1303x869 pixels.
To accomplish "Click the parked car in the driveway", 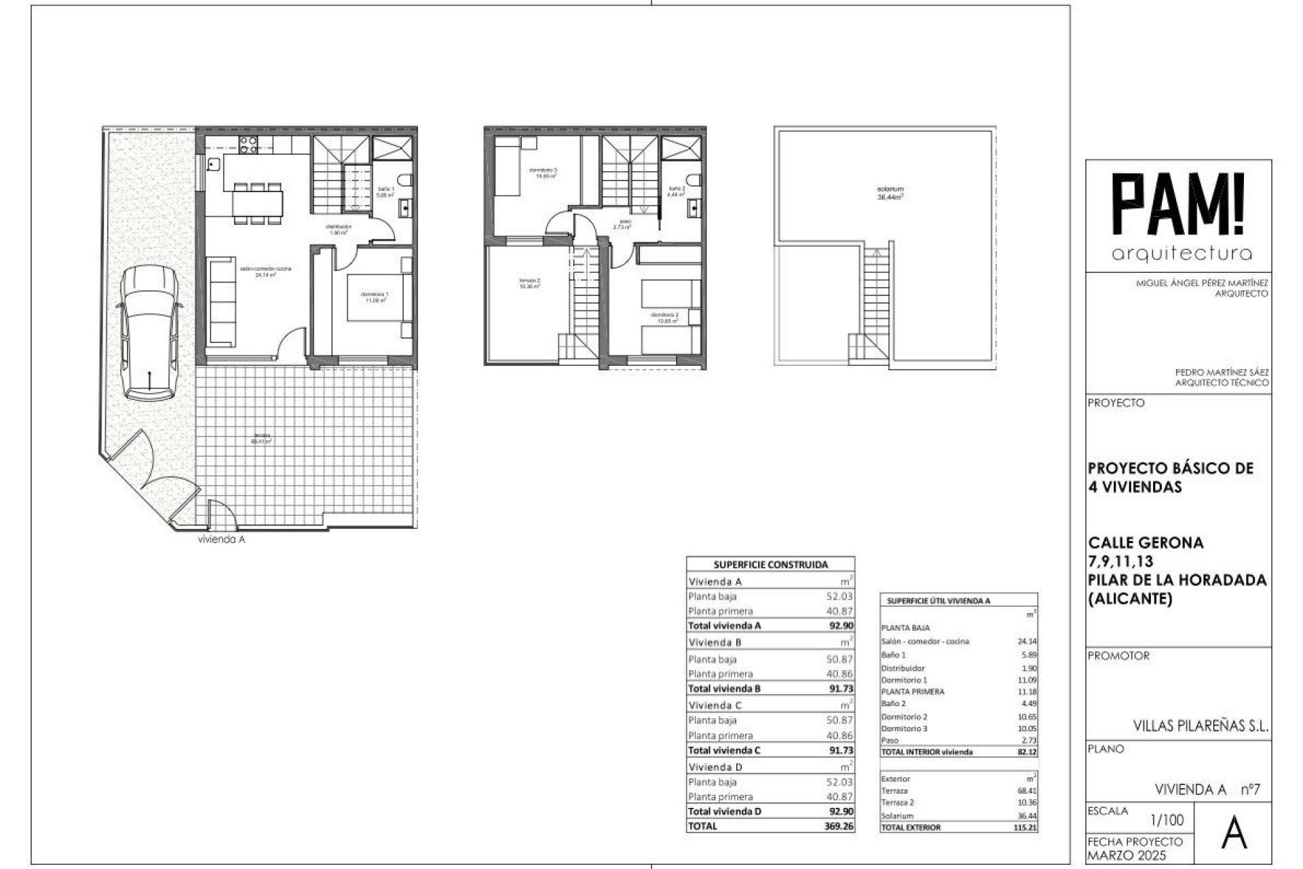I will pyautogui.click(x=149, y=333).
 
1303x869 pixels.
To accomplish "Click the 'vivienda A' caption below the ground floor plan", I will pyautogui.click(x=221, y=540).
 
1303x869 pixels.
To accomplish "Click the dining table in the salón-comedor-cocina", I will pyautogui.click(x=256, y=202).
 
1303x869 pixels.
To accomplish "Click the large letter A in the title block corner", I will pyautogui.click(x=1234, y=835).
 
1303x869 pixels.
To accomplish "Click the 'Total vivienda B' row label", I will pyautogui.click(x=724, y=688).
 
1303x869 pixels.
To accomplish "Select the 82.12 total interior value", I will pyautogui.click(x=1027, y=752).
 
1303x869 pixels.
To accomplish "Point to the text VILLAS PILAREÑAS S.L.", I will pyautogui.click(x=1201, y=726).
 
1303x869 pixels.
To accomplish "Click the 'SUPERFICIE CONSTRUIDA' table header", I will pyautogui.click(x=770, y=564).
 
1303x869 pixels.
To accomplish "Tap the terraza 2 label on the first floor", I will pyautogui.click(x=529, y=283).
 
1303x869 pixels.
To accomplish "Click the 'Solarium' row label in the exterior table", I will pyautogui.click(x=897, y=816).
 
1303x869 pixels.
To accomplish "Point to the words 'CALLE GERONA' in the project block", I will pyautogui.click(x=1146, y=543).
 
